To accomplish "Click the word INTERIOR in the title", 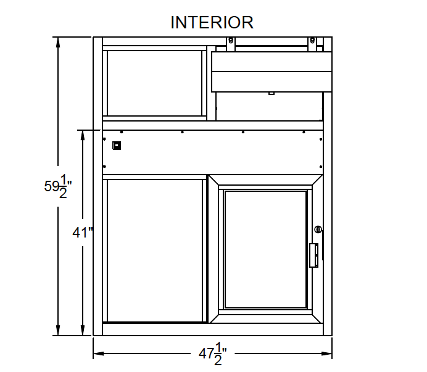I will (212, 22).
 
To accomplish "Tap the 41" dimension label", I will (82, 233).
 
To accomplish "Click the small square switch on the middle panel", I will (116, 146).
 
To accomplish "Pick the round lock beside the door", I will (318, 229).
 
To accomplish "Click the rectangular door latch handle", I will (313, 255).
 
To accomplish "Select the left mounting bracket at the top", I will (230, 44).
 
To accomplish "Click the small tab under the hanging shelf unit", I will (271, 93).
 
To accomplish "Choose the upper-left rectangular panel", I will (155, 83).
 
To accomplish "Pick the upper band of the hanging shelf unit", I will (272, 62).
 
